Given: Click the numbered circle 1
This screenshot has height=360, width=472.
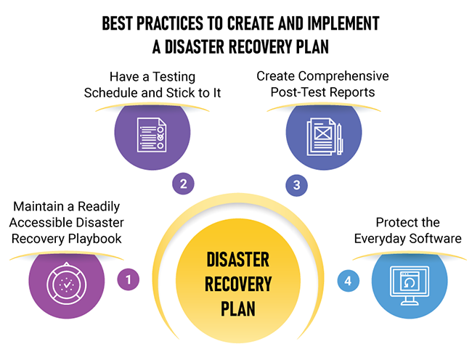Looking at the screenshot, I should click(x=128, y=278).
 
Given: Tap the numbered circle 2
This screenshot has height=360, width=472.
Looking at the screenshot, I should click(x=183, y=184).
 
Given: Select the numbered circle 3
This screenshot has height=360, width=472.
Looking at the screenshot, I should click(x=296, y=185).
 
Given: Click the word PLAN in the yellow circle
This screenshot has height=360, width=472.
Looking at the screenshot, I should click(x=237, y=309).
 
